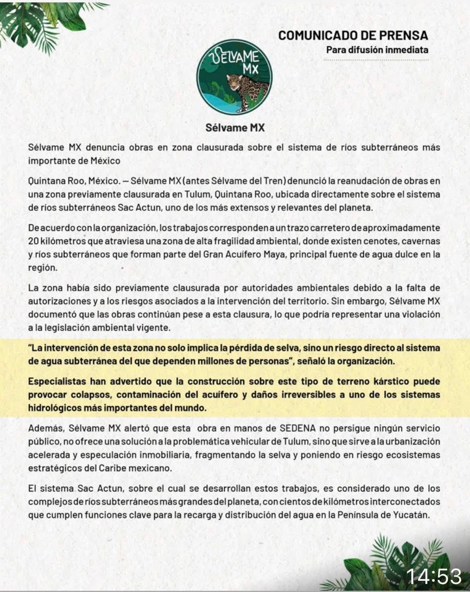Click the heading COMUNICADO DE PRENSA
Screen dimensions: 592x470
(x=353, y=35)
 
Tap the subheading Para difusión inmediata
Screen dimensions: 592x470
(x=377, y=50)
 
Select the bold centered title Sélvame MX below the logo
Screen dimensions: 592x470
(x=235, y=128)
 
